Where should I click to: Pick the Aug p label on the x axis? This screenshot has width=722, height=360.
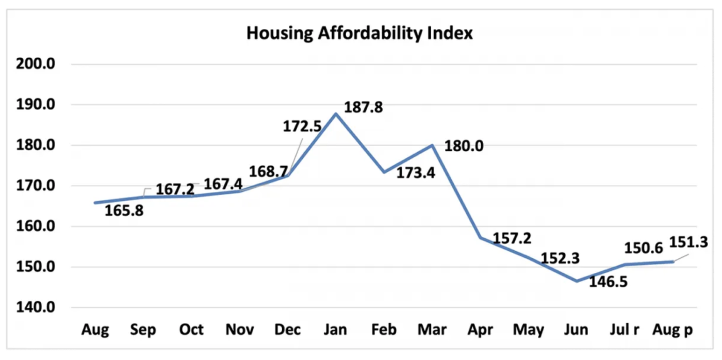(x=672, y=330)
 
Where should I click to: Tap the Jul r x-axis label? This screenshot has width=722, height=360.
(x=625, y=330)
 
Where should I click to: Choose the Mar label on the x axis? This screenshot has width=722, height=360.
(x=432, y=330)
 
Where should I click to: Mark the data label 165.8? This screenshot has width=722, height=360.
(x=124, y=210)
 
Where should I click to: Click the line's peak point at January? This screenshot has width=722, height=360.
(x=336, y=113)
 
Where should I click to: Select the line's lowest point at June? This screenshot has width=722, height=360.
(x=577, y=281)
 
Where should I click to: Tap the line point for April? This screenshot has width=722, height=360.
(x=480, y=237)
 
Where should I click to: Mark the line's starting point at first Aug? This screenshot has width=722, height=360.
(x=95, y=203)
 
